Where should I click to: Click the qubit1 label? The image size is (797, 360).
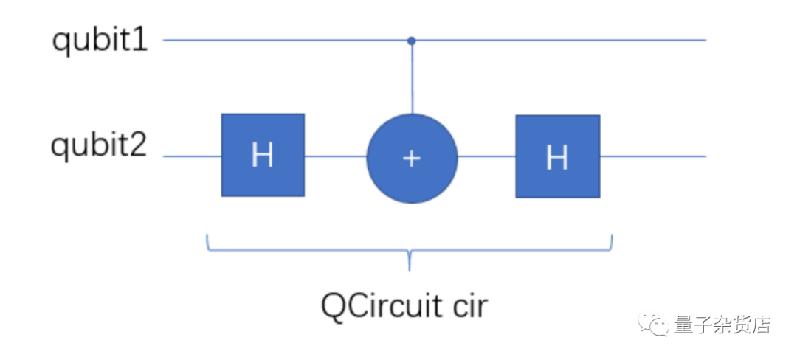[100, 40]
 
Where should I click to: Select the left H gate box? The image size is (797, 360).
[263, 155]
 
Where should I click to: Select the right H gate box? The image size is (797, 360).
[557, 156]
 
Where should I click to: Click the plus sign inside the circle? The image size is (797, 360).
[412, 158]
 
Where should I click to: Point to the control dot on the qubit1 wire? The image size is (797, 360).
[412, 41]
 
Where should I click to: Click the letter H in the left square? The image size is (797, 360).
[263, 156]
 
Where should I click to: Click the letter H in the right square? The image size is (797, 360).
[557, 156]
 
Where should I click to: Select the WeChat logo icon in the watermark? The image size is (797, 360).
[654, 323]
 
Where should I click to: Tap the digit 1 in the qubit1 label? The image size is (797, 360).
[139, 40]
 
